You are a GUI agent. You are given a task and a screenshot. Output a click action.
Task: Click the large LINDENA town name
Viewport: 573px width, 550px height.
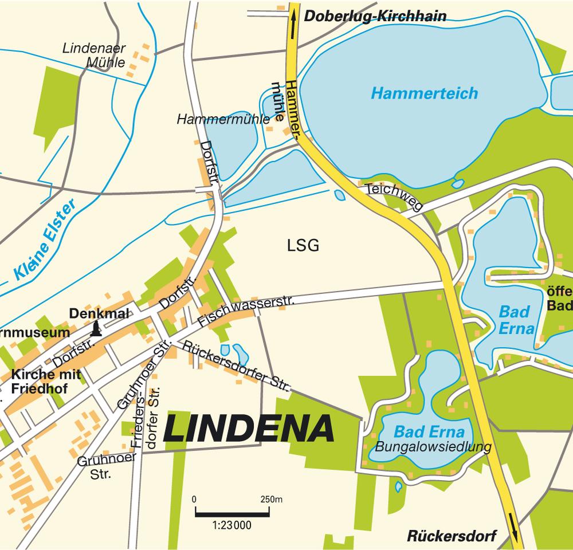249,429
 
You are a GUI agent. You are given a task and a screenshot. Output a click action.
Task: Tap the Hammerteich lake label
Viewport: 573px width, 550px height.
424,93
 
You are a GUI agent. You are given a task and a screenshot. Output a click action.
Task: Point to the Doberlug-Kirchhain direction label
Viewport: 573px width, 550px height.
375,17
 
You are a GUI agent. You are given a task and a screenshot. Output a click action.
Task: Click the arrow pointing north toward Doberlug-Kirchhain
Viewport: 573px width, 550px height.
294,26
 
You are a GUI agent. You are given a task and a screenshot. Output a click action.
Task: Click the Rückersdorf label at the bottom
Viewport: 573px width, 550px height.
452,537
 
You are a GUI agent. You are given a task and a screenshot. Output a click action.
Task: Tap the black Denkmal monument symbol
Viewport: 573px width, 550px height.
97,328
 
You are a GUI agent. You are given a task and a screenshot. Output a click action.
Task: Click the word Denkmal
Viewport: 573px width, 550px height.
99,313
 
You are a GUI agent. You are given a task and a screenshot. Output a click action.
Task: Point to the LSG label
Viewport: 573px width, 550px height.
303,246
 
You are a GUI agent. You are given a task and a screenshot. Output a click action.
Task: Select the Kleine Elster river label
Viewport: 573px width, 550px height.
46,239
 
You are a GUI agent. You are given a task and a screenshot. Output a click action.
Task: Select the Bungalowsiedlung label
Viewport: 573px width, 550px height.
433,446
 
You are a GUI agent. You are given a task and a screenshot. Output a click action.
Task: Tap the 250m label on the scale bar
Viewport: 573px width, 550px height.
271,499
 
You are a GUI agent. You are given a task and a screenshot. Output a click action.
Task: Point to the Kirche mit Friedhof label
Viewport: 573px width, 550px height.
45,382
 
